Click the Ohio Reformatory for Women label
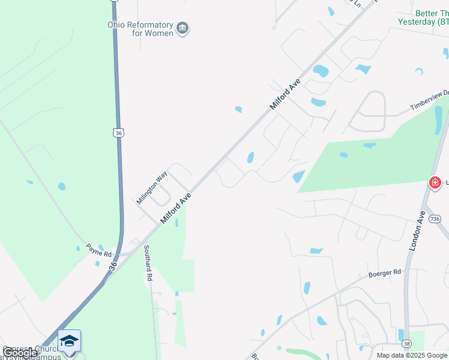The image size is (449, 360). [140, 29]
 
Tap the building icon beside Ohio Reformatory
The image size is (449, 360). [183, 28]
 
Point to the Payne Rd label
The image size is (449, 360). [98, 250]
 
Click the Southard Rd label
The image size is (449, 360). [148, 263]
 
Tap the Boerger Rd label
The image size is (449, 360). [384, 274]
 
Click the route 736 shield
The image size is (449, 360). [436, 220]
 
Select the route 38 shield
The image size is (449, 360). [406, 344]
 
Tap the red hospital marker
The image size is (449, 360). [435, 182]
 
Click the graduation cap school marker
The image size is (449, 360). [70, 341]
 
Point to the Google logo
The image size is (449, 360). [19, 353]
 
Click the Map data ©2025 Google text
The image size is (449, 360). [412, 355]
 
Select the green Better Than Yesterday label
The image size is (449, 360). [423, 17]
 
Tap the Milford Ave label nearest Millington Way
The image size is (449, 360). [176, 208]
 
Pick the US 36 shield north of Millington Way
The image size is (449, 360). [119, 133]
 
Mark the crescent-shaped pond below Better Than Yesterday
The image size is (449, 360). [419, 71]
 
